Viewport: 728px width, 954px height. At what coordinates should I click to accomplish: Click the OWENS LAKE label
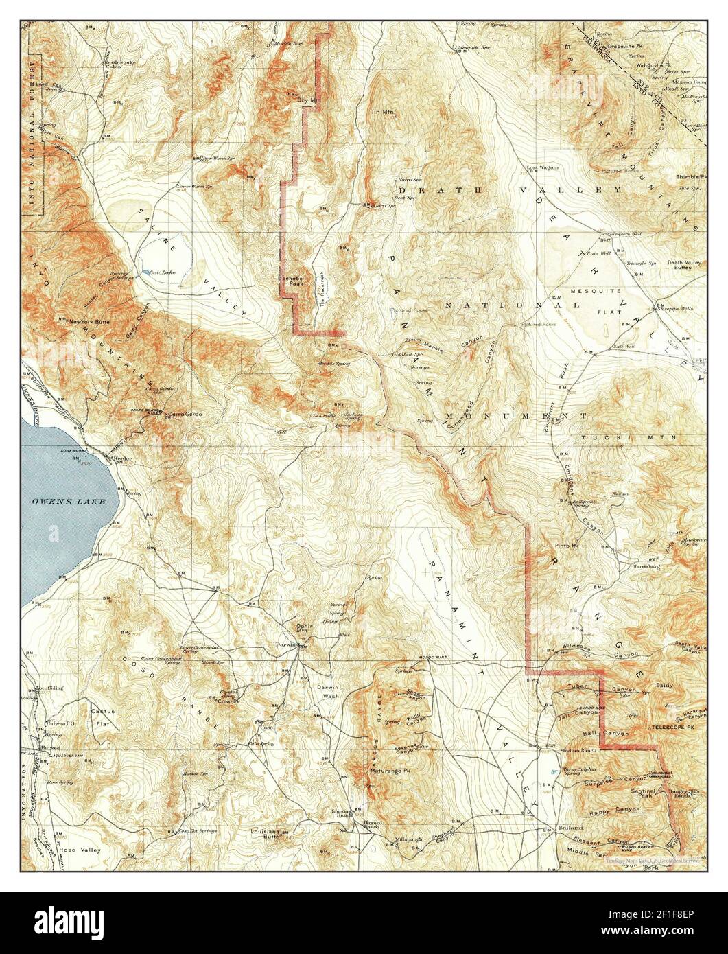(x=68, y=501)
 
